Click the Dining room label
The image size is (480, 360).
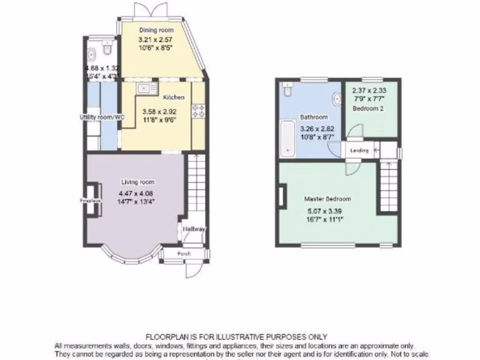pyautogui.click(x=156, y=30)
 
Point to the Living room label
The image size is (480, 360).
pyautogui.click(x=138, y=182)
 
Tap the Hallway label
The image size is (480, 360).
pyautogui.click(x=194, y=229)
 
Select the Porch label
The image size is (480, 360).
pyautogui.click(x=184, y=254)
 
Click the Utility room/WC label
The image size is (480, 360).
pyautogui.click(x=102, y=117)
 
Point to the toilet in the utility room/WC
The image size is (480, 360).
pyautogui.click(x=108, y=47)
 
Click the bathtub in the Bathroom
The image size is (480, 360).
pyautogui.click(x=287, y=139)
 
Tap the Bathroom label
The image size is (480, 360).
pyautogui.click(x=314, y=117)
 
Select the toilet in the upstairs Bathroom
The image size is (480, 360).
pyautogui.click(x=287, y=89)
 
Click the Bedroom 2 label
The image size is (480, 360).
pyautogui.click(x=368, y=108)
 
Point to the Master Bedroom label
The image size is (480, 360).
pyautogui.click(x=327, y=199)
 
